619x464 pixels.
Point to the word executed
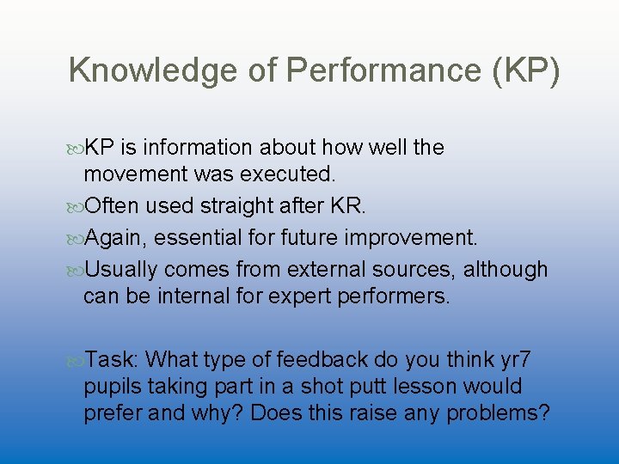pos(288,175)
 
